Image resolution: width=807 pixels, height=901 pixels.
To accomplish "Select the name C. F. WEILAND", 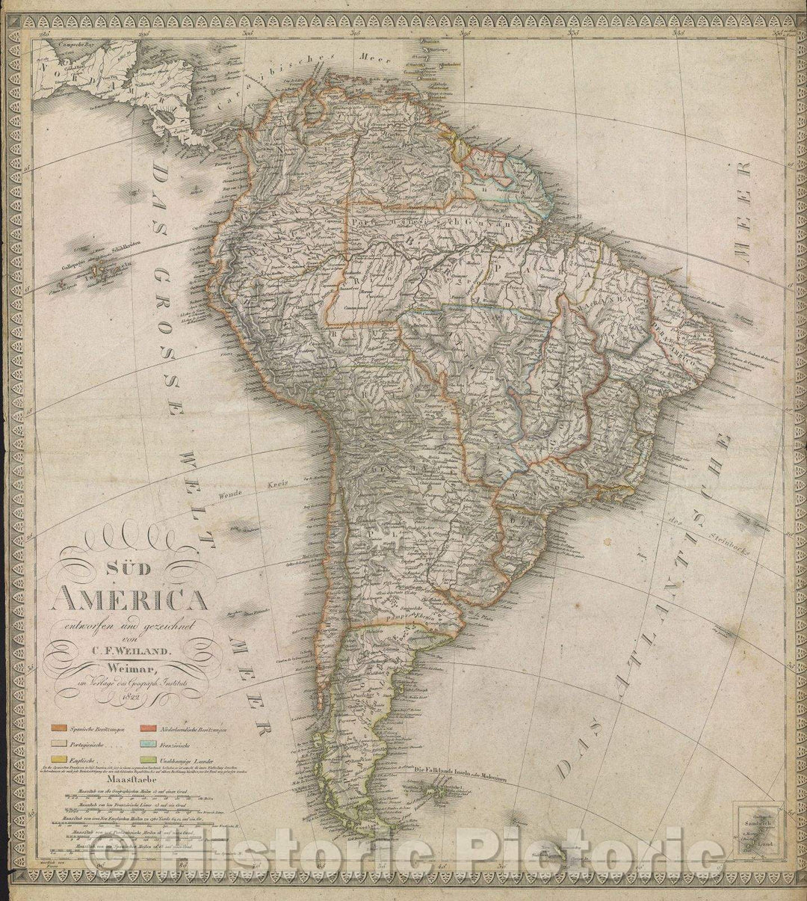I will click(133, 649).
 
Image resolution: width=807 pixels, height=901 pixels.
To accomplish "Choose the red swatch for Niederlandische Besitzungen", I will click(147, 728).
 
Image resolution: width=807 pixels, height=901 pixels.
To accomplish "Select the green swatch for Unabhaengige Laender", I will click(147, 760).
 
